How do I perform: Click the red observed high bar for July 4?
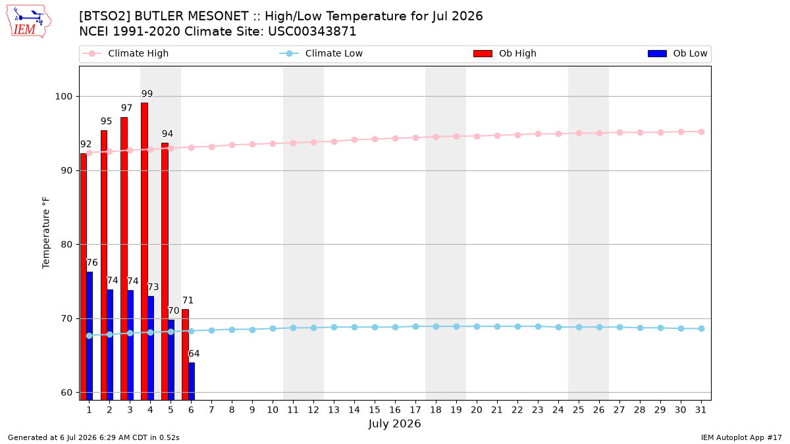[144, 251]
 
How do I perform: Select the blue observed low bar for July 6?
[192, 382]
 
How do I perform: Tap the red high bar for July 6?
[185, 355]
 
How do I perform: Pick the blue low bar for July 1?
[90, 336]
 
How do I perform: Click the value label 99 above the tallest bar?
[147, 93]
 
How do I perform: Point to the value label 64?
[194, 353]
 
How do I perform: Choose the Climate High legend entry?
[126, 53]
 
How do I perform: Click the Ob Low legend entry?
[677, 53]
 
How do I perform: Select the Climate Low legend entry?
[321, 53]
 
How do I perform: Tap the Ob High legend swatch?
[483, 53]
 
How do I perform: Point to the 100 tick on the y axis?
[63, 96]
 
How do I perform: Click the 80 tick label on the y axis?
[66, 244]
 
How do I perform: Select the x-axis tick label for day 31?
[700, 410]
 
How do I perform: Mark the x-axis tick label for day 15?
[375, 410]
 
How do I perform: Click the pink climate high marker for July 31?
[701, 132]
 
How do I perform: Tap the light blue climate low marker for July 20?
[477, 327]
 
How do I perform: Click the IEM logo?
[28, 22]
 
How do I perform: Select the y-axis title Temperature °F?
[46, 233]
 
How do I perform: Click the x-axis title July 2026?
[394, 424]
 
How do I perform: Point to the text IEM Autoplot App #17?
[741, 437]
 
